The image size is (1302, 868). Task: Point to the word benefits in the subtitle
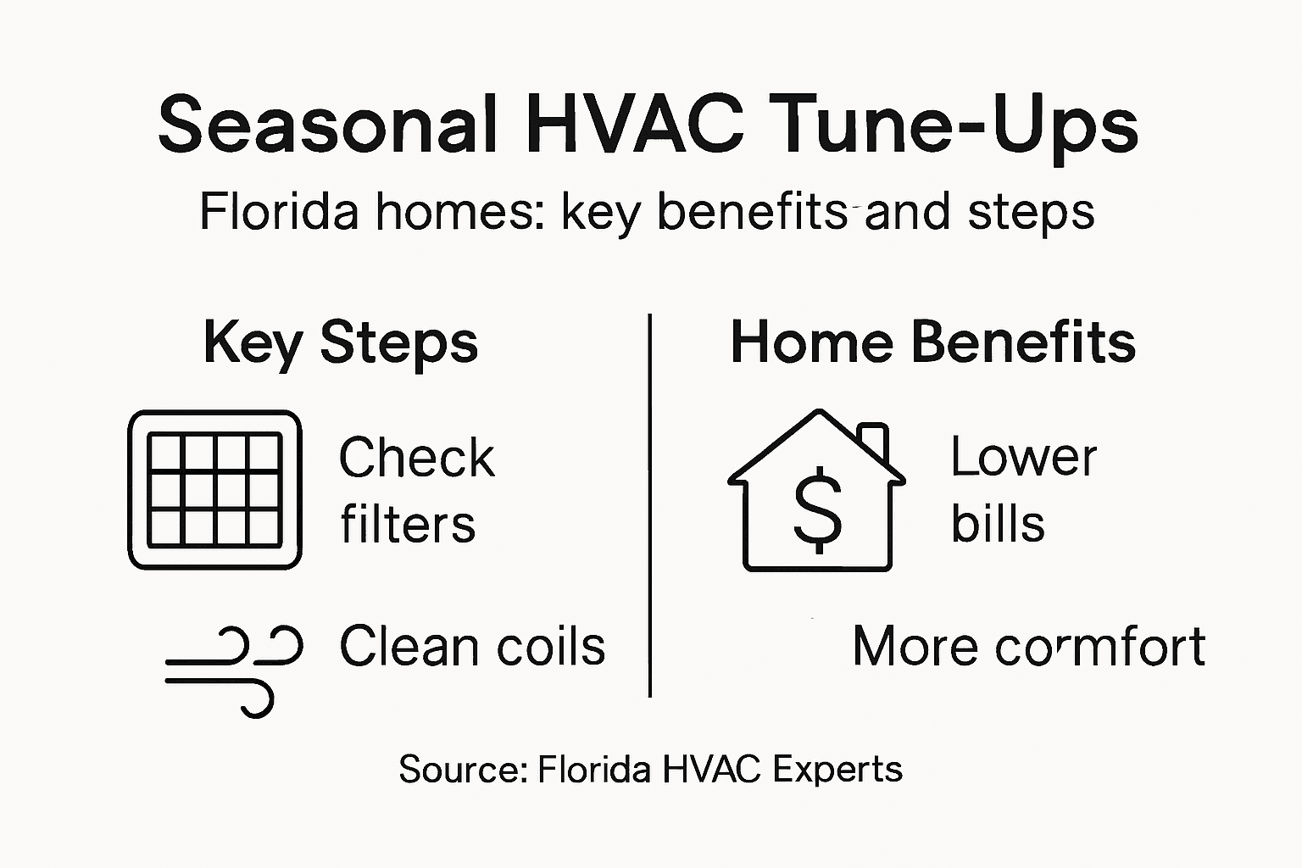pyautogui.click(x=753, y=212)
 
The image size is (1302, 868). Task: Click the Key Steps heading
pyautogui.click(x=341, y=343)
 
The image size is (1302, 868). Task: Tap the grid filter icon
pyautogui.click(x=214, y=490)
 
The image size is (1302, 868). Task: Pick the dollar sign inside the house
pyautogui.click(x=818, y=509)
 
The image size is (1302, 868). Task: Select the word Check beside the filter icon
pyautogui.click(x=416, y=459)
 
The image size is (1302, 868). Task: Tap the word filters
pyautogui.click(x=408, y=524)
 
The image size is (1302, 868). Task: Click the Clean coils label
pyautogui.click(x=472, y=646)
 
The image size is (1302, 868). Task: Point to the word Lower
pyautogui.click(x=1023, y=458)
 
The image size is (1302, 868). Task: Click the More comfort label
pyautogui.click(x=1028, y=647)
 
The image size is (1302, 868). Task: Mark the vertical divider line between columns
pyautogui.click(x=649, y=505)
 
